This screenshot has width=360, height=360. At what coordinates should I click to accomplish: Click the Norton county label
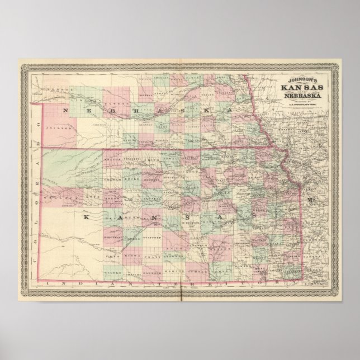(x=112, y=159)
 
